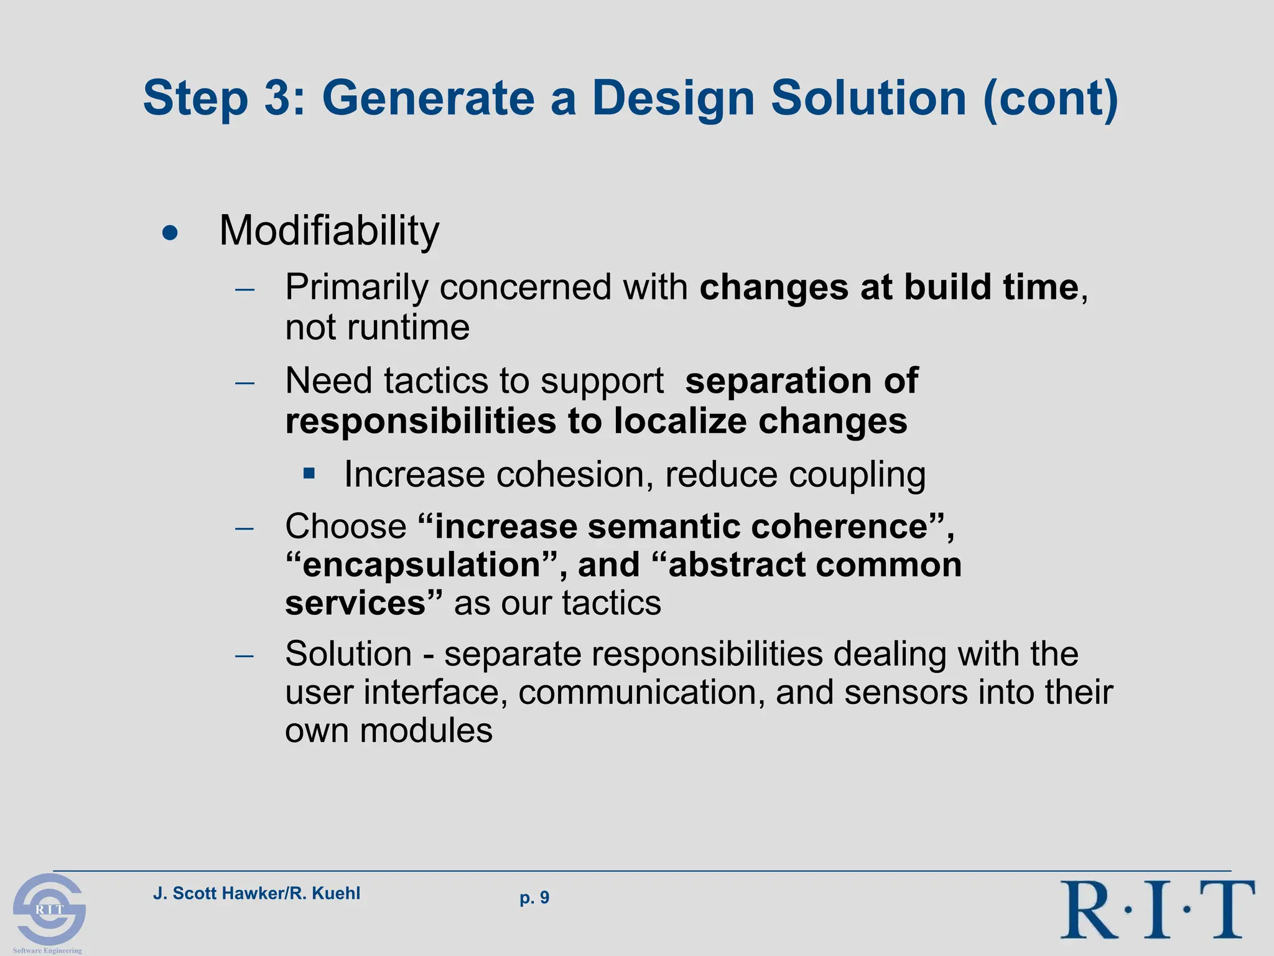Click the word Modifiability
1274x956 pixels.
329,231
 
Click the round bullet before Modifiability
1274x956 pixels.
170,234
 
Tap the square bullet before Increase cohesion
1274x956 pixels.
309,474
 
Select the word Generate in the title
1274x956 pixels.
428,98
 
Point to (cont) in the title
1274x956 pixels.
1051,99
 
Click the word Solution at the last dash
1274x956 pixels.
348,654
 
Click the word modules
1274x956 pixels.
426,731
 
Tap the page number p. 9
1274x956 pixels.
534,897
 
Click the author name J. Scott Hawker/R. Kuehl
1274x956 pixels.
256,894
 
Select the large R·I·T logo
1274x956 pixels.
1157,909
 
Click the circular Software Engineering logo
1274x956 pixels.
49,909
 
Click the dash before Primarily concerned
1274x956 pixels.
245,289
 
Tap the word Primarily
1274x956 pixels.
356,288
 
